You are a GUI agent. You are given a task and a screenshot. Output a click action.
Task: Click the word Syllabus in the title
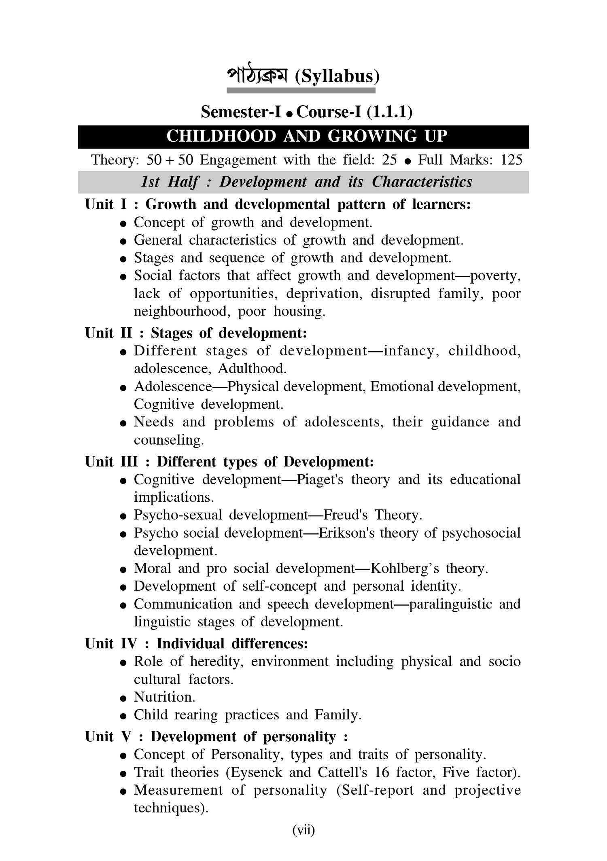(x=337, y=76)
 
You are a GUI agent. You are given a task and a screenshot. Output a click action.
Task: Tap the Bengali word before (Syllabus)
(x=257, y=76)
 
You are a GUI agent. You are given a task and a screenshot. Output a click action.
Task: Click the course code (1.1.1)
(x=389, y=112)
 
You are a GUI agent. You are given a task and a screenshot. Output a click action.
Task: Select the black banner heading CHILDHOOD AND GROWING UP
(x=307, y=136)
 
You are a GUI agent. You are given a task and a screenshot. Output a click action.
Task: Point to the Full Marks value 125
(x=511, y=160)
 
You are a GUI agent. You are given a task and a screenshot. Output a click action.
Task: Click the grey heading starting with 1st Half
(x=306, y=182)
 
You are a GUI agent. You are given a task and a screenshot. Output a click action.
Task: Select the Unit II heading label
(x=108, y=333)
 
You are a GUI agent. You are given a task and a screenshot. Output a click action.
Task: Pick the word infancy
(x=411, y=351)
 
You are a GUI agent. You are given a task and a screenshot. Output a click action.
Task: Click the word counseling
(x=169, y=440)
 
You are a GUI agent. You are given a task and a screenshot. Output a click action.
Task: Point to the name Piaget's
(x=320, y=480)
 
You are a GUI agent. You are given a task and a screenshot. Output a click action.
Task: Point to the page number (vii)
(x=303, y=830)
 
